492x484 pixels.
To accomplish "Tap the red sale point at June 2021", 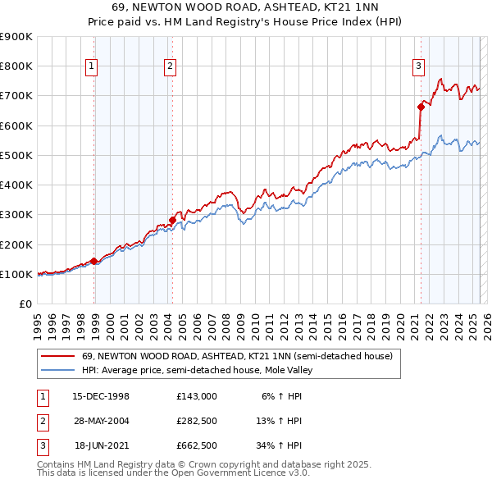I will [421, 106].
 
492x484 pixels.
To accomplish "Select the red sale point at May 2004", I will [173, 219].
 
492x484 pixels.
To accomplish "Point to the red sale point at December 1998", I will [94, 261].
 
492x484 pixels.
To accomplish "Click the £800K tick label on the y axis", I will [16, 66].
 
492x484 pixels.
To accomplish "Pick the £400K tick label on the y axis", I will [16, 185].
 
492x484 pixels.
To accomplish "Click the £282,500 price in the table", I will [197, 422].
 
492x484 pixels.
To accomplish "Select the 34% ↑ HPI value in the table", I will [280, 447].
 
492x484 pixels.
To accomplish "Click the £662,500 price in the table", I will [197, 447].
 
